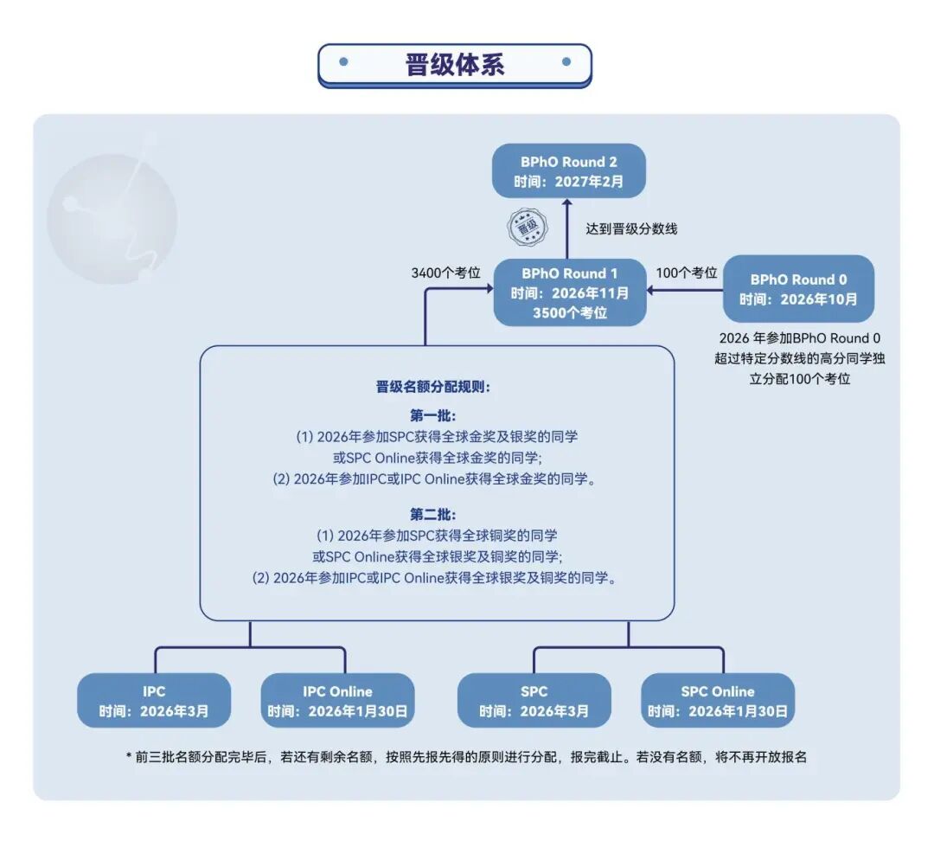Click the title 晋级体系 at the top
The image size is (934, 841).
coord(455,65)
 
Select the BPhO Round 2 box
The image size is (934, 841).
coord(569,171)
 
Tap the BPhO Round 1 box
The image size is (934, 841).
coord(569,292)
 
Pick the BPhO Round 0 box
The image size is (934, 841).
coord(798,289)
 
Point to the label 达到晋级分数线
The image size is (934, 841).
coord(631,228)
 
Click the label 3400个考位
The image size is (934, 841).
coord(445,273)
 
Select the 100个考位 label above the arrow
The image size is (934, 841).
coord(688,273)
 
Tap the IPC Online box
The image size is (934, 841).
coord(337,701)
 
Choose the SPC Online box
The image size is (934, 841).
coord(717,701)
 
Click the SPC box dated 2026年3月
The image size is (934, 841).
coord(534,701)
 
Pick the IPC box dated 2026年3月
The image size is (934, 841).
coord(154,701)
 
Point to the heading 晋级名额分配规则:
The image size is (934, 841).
coord(433,387)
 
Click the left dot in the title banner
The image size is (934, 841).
coord(343,62)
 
